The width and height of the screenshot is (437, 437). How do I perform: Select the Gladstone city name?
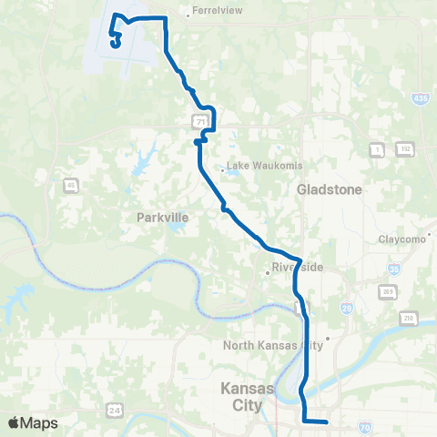329,189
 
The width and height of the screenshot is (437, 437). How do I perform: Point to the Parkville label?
161,218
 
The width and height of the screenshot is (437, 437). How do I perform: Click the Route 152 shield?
404,147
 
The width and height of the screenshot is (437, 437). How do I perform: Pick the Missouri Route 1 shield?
375,147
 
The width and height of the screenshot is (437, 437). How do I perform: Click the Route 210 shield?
409,318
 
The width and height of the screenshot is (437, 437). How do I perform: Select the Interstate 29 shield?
346,309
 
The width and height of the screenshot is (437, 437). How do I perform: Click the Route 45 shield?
70,187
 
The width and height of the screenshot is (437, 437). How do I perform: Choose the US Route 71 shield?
198,120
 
